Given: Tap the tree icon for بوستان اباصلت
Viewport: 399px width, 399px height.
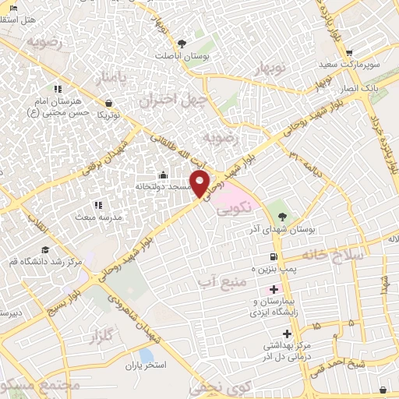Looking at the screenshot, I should tap(182, 44).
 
